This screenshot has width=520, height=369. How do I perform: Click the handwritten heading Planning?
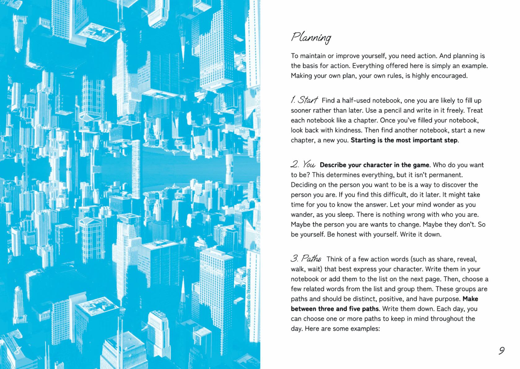(311, 37)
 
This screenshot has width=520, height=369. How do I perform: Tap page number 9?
(502, 350)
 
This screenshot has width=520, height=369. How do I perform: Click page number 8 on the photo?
(18, 350)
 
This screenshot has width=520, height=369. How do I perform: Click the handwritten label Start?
(308, 100)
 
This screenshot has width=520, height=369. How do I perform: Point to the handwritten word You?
(309, 164)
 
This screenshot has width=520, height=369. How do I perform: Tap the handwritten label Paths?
(311, 258)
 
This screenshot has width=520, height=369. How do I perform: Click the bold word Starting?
(363, 140)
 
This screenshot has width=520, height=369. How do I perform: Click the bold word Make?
(470, 299)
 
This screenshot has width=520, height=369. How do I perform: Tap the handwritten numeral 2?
(295, 164)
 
